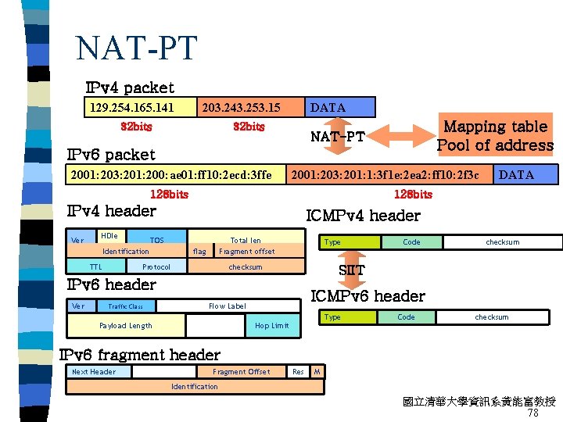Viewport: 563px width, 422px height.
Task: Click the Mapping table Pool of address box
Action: tap(494, 136)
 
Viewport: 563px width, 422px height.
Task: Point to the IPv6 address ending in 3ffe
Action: tap(171, 174)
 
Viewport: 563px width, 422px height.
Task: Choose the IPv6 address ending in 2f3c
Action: tap(390, 174)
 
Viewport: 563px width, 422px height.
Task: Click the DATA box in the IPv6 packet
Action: tap(516, 174)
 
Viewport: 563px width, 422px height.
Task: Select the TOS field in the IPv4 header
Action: tap(157, 240)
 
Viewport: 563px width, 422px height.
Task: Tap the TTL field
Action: tap(95, 267)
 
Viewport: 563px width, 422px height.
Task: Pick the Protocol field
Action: tap(156, 267)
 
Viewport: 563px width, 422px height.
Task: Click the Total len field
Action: tap(245, 240)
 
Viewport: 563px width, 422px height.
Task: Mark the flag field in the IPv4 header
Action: tap(199, 252)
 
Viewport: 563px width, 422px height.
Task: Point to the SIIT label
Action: tap(351, 270)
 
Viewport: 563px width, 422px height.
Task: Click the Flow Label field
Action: tap(227, 306)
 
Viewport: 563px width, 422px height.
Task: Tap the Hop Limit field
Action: tap(271, 325)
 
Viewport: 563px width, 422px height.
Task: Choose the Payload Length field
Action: tap(126, 325)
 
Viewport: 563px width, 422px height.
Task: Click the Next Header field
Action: tap(94, 372)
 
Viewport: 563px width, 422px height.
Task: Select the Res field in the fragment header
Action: tap(298, 372)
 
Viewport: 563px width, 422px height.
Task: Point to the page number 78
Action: tap(533, 413)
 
